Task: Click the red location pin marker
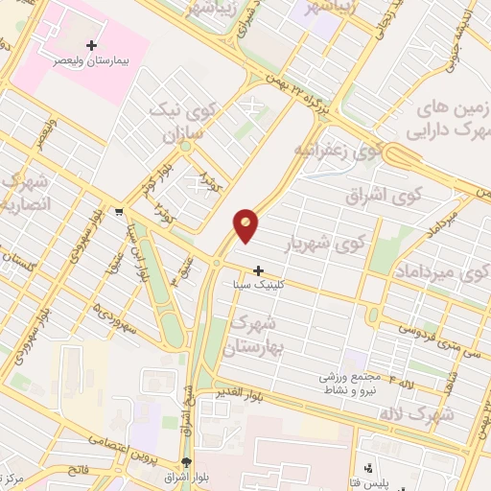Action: pyautogui.click(x=246, y=224)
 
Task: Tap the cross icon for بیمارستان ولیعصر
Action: pyautogui.click(x=92, y=44)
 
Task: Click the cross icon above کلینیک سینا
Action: pyautogui.click(x=258, y=270)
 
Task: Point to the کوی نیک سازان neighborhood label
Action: pyautogui.click(x=176, y=121)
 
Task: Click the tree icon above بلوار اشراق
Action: pyautogui.click(x=186, y=462)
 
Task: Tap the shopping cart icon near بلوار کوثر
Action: pyautogui.click(x=117, y=213)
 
